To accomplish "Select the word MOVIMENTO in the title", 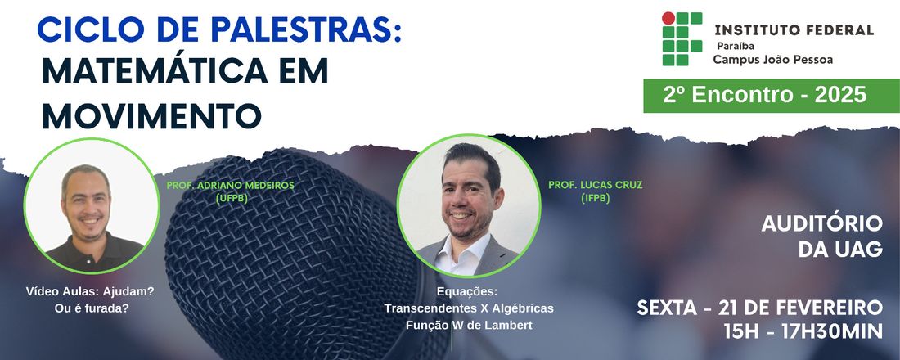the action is point(152,115).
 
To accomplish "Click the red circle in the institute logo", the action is point(668,18).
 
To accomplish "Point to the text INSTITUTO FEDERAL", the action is point(794,29).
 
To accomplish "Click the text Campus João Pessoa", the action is point(772,59).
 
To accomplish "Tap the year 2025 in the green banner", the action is point(840,95).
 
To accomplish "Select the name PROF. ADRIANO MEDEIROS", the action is point(230,186).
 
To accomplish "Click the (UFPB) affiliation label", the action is point(231,199).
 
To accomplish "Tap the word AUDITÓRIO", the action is point(822,224).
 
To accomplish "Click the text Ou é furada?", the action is point(91,308).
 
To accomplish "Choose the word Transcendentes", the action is point(430,308).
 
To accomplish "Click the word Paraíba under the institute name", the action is point(735,46).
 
